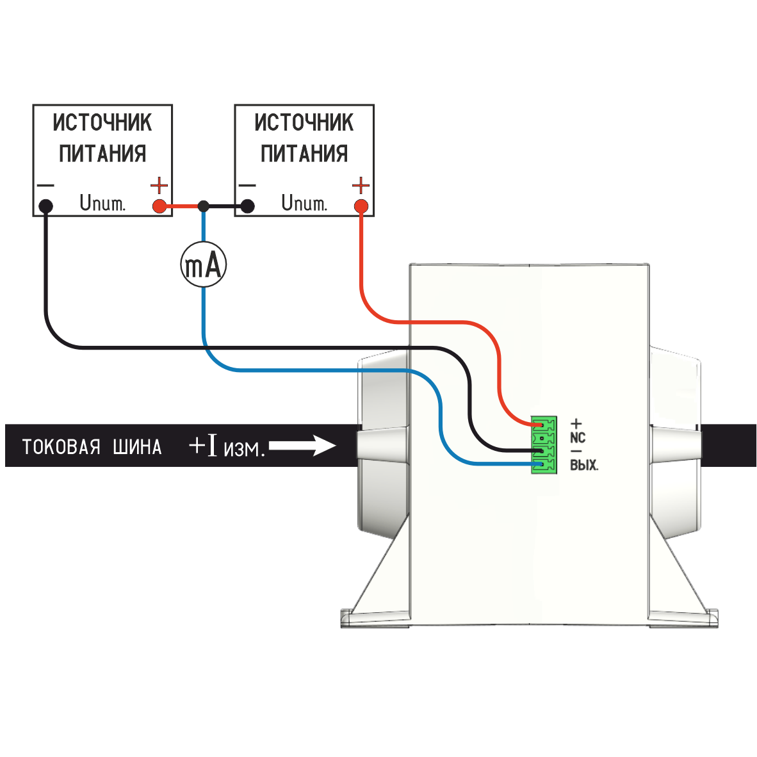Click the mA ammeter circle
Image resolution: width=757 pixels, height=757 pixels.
point(203,265)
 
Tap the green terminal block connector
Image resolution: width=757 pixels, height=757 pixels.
point(543,445)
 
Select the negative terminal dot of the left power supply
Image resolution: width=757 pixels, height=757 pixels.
point(45,206)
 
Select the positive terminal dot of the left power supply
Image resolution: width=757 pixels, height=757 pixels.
point(159,206)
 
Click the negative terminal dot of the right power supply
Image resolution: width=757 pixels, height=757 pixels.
point(247,206)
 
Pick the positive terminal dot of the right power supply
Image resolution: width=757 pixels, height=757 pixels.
point(361,206)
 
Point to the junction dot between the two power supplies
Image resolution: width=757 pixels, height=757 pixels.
point(203,206)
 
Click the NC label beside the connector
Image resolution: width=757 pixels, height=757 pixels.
point(578,438)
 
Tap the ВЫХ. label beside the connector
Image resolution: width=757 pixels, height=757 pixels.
point(584,466)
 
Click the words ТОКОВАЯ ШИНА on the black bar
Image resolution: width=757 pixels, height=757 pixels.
point(92,446)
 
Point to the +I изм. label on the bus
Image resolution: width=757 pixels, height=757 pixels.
point(227,446)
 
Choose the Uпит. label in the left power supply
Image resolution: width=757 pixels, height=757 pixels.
point(102,204)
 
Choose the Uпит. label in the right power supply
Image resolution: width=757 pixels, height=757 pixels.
point(304,204)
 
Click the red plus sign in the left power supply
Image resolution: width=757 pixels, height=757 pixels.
point(159,186)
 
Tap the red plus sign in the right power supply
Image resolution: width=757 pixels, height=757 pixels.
point(361,186)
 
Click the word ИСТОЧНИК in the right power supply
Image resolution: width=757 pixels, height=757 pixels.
point(304,122)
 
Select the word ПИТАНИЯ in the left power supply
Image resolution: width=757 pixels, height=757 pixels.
point(102,154)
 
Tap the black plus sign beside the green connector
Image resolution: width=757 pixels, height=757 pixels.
point(576,423)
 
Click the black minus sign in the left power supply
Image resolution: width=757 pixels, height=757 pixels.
point(45,186)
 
